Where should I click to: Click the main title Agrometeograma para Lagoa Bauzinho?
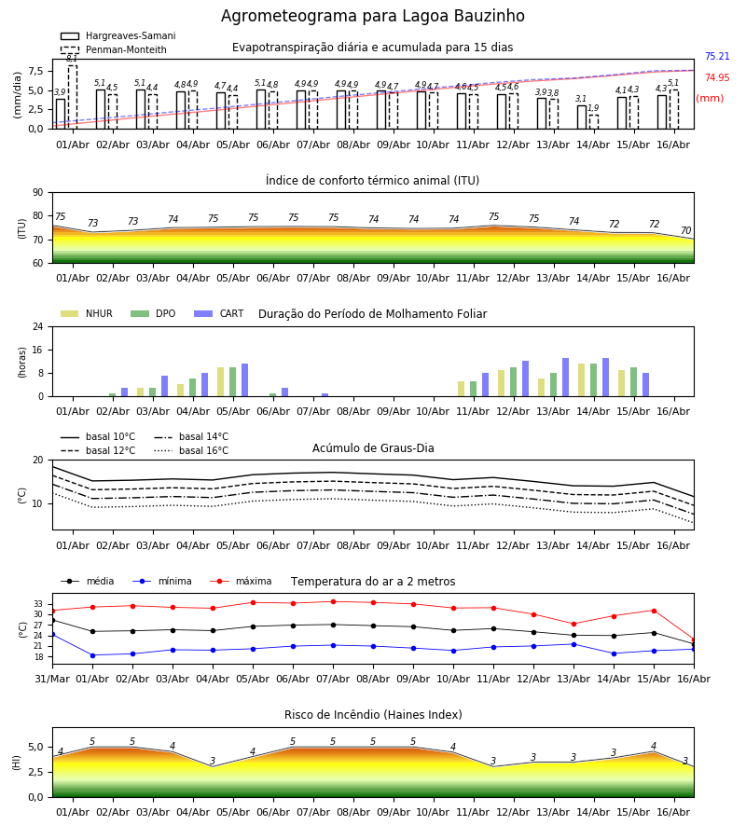pyautogui.click(x=372, y=16)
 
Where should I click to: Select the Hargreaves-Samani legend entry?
pyautogui.click(x=117, y=35)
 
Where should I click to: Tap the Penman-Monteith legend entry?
pyautogui.click(x=114, y=49)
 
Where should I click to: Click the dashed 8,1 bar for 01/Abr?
pyautogui.click(x=73, y=97)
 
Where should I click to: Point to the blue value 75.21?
pyautogui.click(x=717, y=56)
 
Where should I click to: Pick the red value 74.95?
pyautogui.click(x=717, y=77)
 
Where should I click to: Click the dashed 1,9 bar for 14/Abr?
pyautogui.click(x=594, y=121)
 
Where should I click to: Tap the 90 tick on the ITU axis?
pyautogui.click(x=38, y=193)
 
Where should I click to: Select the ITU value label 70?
pyautogui.click(x=685, y=230)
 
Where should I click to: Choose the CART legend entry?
pyautogui.click(x=219, y=313)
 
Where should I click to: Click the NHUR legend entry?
pyautogui.click(x=87, y=313)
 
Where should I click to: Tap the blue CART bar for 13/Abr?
pyautogui.click(x=566, y=378)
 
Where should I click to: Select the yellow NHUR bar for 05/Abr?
pyautogui.click(x=220, y=382)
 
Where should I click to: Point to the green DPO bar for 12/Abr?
pyautogui.click(x=513, y=382)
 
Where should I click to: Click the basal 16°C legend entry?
pyautogui.click(x=191, y=450)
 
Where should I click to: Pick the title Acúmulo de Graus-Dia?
pyautogui.click(x=373, y=447)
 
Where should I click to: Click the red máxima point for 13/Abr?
pyautogui.click(x=573, y=624)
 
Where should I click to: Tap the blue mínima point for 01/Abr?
pyautogui.click(x=92, y=655)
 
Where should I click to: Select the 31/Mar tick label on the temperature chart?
pyautogui.click(x=52, y=679)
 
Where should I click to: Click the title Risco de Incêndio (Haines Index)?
pyautogui.click(x=373, y=715)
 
